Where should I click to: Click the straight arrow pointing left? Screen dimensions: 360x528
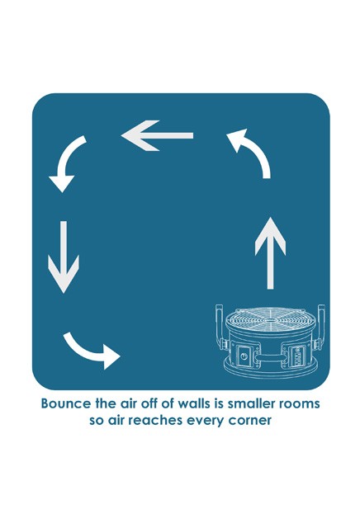pyautogui.click(x=157, y=135)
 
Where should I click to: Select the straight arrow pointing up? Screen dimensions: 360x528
pyautogui.click(x=270, y=253)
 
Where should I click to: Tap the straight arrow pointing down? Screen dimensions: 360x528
pyautogui.click(x=64, y=257)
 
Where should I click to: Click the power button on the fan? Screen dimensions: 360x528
pyautogui.click(x=244, y=356)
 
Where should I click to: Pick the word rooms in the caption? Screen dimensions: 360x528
pyautogui.click(x=300, y=404)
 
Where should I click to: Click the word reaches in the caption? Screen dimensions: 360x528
pyautogui.click(x=156, y=421)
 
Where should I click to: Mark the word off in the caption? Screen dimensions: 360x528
pyautogui.click(x=148, y=403)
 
